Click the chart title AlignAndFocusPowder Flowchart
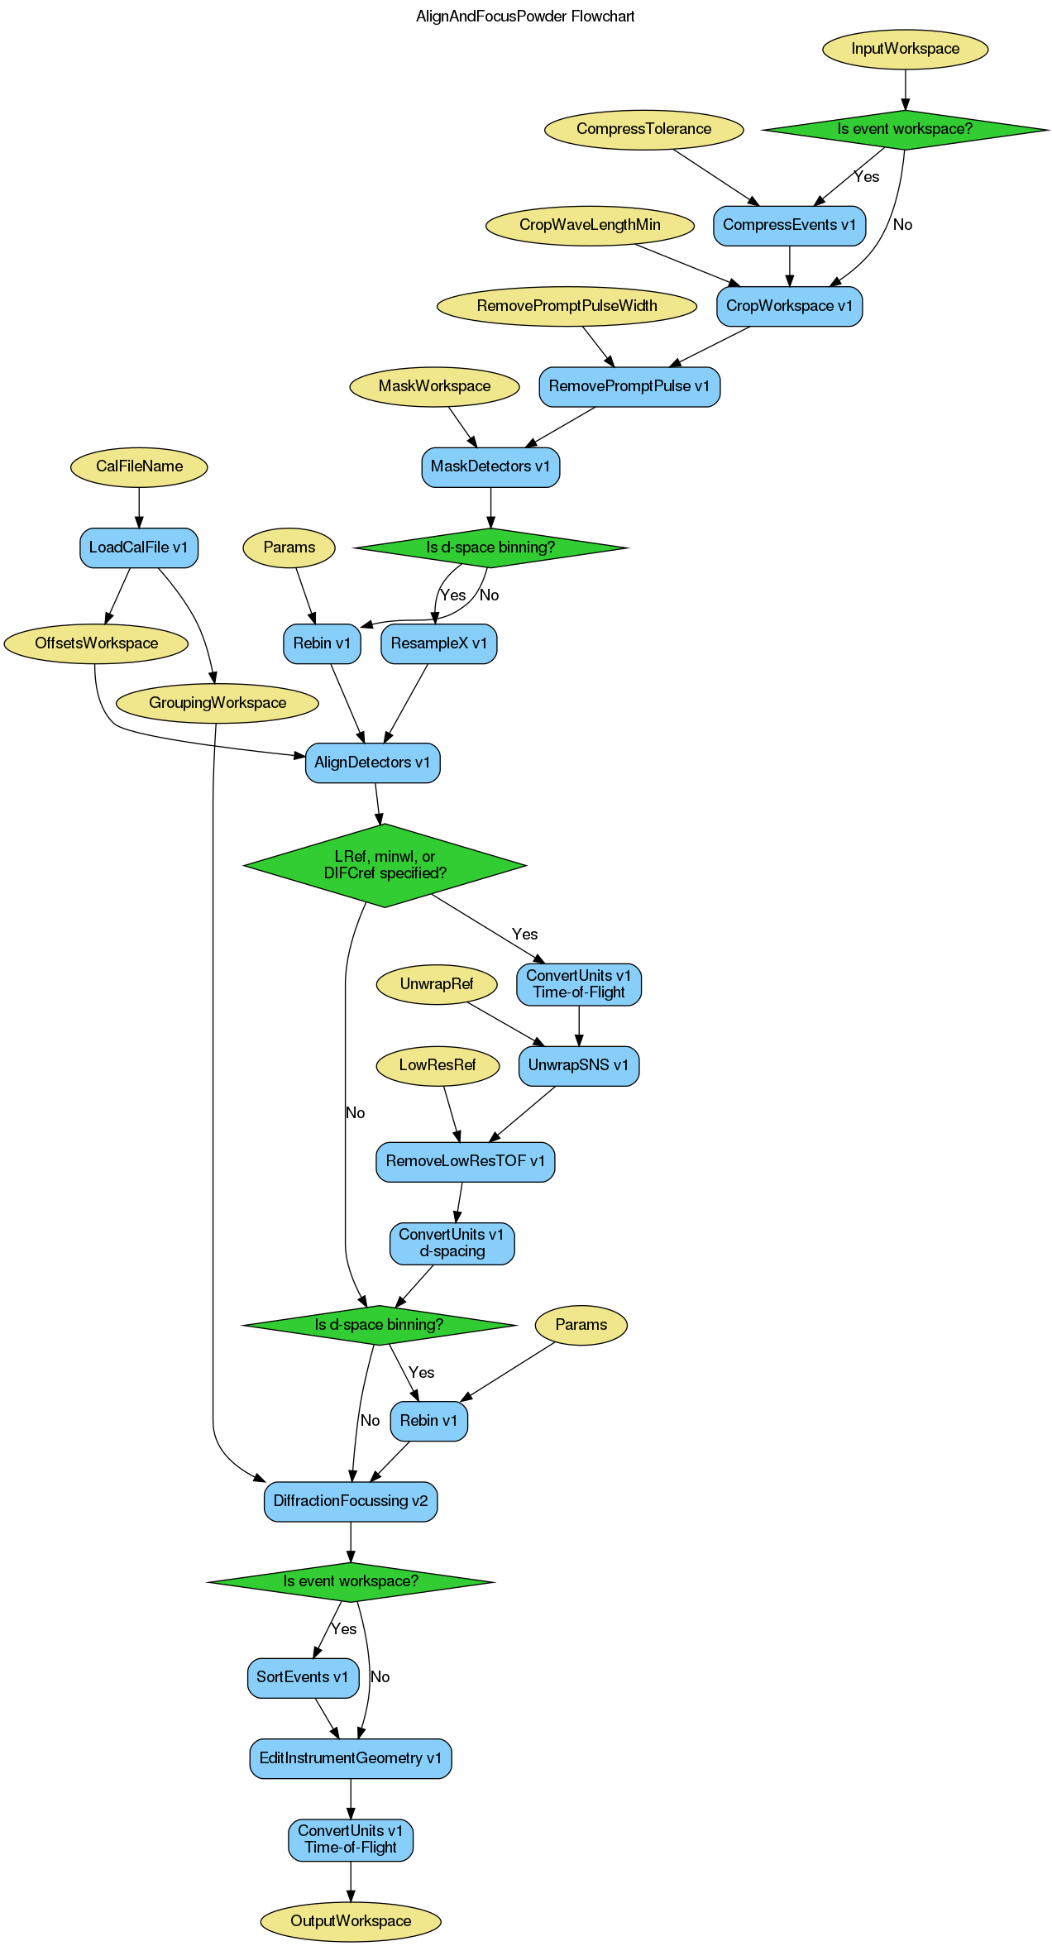[x=525, y=17]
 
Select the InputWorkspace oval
[x=905, y=49]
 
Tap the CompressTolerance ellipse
[x=643, y=129]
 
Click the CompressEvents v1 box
[x=789, y=225]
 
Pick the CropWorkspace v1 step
[x=789, y=306]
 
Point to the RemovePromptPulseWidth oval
[x=567, y=306]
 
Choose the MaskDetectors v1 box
[x=490, y=466]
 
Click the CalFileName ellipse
[x=139, y=466]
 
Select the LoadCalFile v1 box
[x=138, y=547]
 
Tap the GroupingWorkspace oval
[x=218, y=703]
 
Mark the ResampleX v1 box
[x=438, y=643]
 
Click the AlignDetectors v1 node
[x=372, y=763]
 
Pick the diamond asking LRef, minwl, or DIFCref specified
[x=385, y=865]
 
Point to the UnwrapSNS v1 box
[x=578, y=1065]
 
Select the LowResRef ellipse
[x=438, y=1065]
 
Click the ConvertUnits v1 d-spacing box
[x=452, y=1243]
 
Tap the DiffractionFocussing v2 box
[x=351, y=1501]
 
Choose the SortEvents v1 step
[x=303, y=1677]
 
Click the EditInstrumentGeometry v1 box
[x=351, y=1758]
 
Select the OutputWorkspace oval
[x=351, y=1920]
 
